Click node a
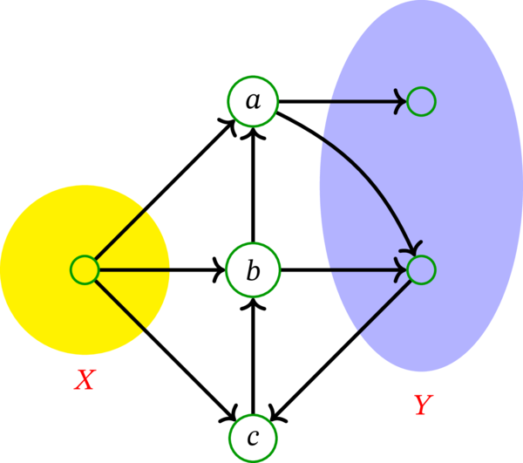[x=253, y=101]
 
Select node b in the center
[x=253, y=270]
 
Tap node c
[x=253, y=436]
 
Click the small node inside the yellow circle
[x=84, y=270]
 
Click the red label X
[x=84, y=380]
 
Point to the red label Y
[x=422, y=405]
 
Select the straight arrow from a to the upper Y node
[x=340, y=101]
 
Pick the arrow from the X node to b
[x=157, y=270]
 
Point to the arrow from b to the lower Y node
[x=340, y=270]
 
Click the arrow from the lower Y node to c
[x=340, y=350]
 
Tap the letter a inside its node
[x=253, y=102]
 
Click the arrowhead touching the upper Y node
[x=402, y=101]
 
